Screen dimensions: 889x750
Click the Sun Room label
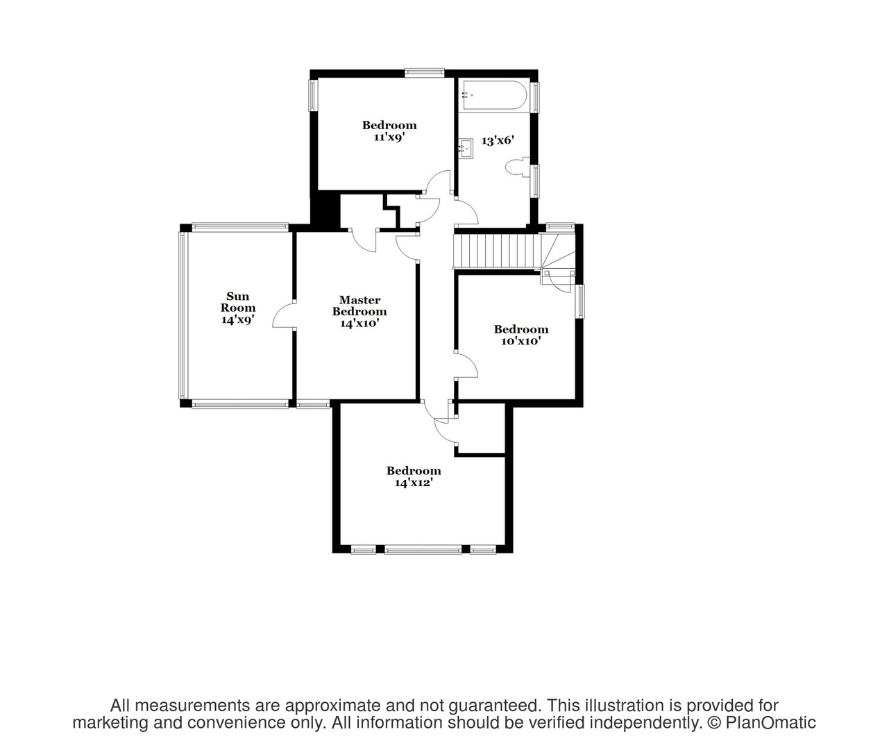[238, 301]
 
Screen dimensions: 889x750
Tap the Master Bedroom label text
[359, 306]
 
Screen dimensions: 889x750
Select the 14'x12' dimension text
[414, 483]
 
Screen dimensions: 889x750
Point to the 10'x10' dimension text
[521, 341]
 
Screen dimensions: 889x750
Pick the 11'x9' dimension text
[389, 137]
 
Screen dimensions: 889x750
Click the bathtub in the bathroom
[495, 97]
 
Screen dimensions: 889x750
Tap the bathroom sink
[466, 149]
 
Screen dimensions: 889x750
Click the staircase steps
[496, 252]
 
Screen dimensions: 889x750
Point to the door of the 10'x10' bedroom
[466, 365]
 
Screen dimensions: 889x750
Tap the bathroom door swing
[466, 210]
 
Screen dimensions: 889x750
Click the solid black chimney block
[325, 210]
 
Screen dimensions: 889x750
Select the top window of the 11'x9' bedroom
[425, 73]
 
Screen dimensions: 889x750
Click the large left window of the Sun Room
[183, 315]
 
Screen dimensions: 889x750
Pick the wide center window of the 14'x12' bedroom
[423, 549]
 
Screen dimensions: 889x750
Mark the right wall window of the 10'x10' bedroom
[579, 301]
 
